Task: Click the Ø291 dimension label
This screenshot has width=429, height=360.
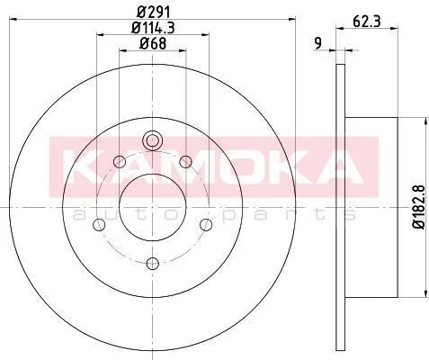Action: (x=154, y=12)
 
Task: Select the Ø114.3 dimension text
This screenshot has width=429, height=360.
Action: (x=153, y=28)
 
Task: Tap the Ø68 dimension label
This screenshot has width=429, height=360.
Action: (x=153, y=44)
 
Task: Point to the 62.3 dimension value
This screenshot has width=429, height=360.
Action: (x=367, y=22)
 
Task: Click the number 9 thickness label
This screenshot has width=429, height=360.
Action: (x=318, y=43)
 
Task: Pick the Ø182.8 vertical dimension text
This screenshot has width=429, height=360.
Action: (x=419, y=207)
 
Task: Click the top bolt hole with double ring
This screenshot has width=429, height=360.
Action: (x=153, y=140)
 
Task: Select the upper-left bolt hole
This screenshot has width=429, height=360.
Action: (x=120, y=162)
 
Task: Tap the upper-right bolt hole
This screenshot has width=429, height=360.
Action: (x=186, y=162)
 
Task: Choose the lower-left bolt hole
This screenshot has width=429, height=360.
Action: (x=99, y=225)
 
